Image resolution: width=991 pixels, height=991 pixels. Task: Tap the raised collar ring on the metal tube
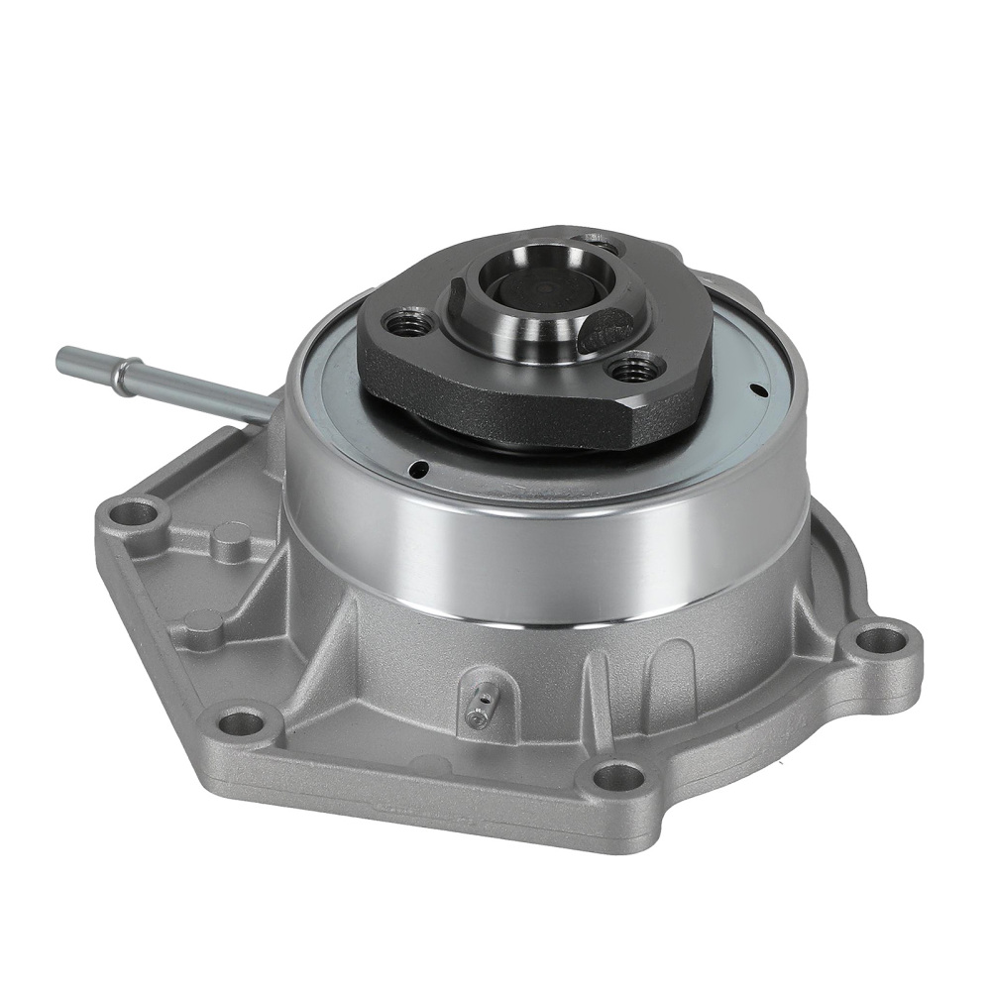pyautogui.click(x=122, y=376)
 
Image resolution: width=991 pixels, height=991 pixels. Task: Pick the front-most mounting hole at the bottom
pyautogui.click(x=617, y=776)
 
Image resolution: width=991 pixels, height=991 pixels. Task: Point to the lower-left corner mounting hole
pyautogui.click(x=238, y=721)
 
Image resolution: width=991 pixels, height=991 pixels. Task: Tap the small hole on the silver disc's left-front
pyautogui.click(x=422, y=469)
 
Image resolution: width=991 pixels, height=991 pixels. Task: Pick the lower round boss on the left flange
pyautogui.click(x=203, y=623)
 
